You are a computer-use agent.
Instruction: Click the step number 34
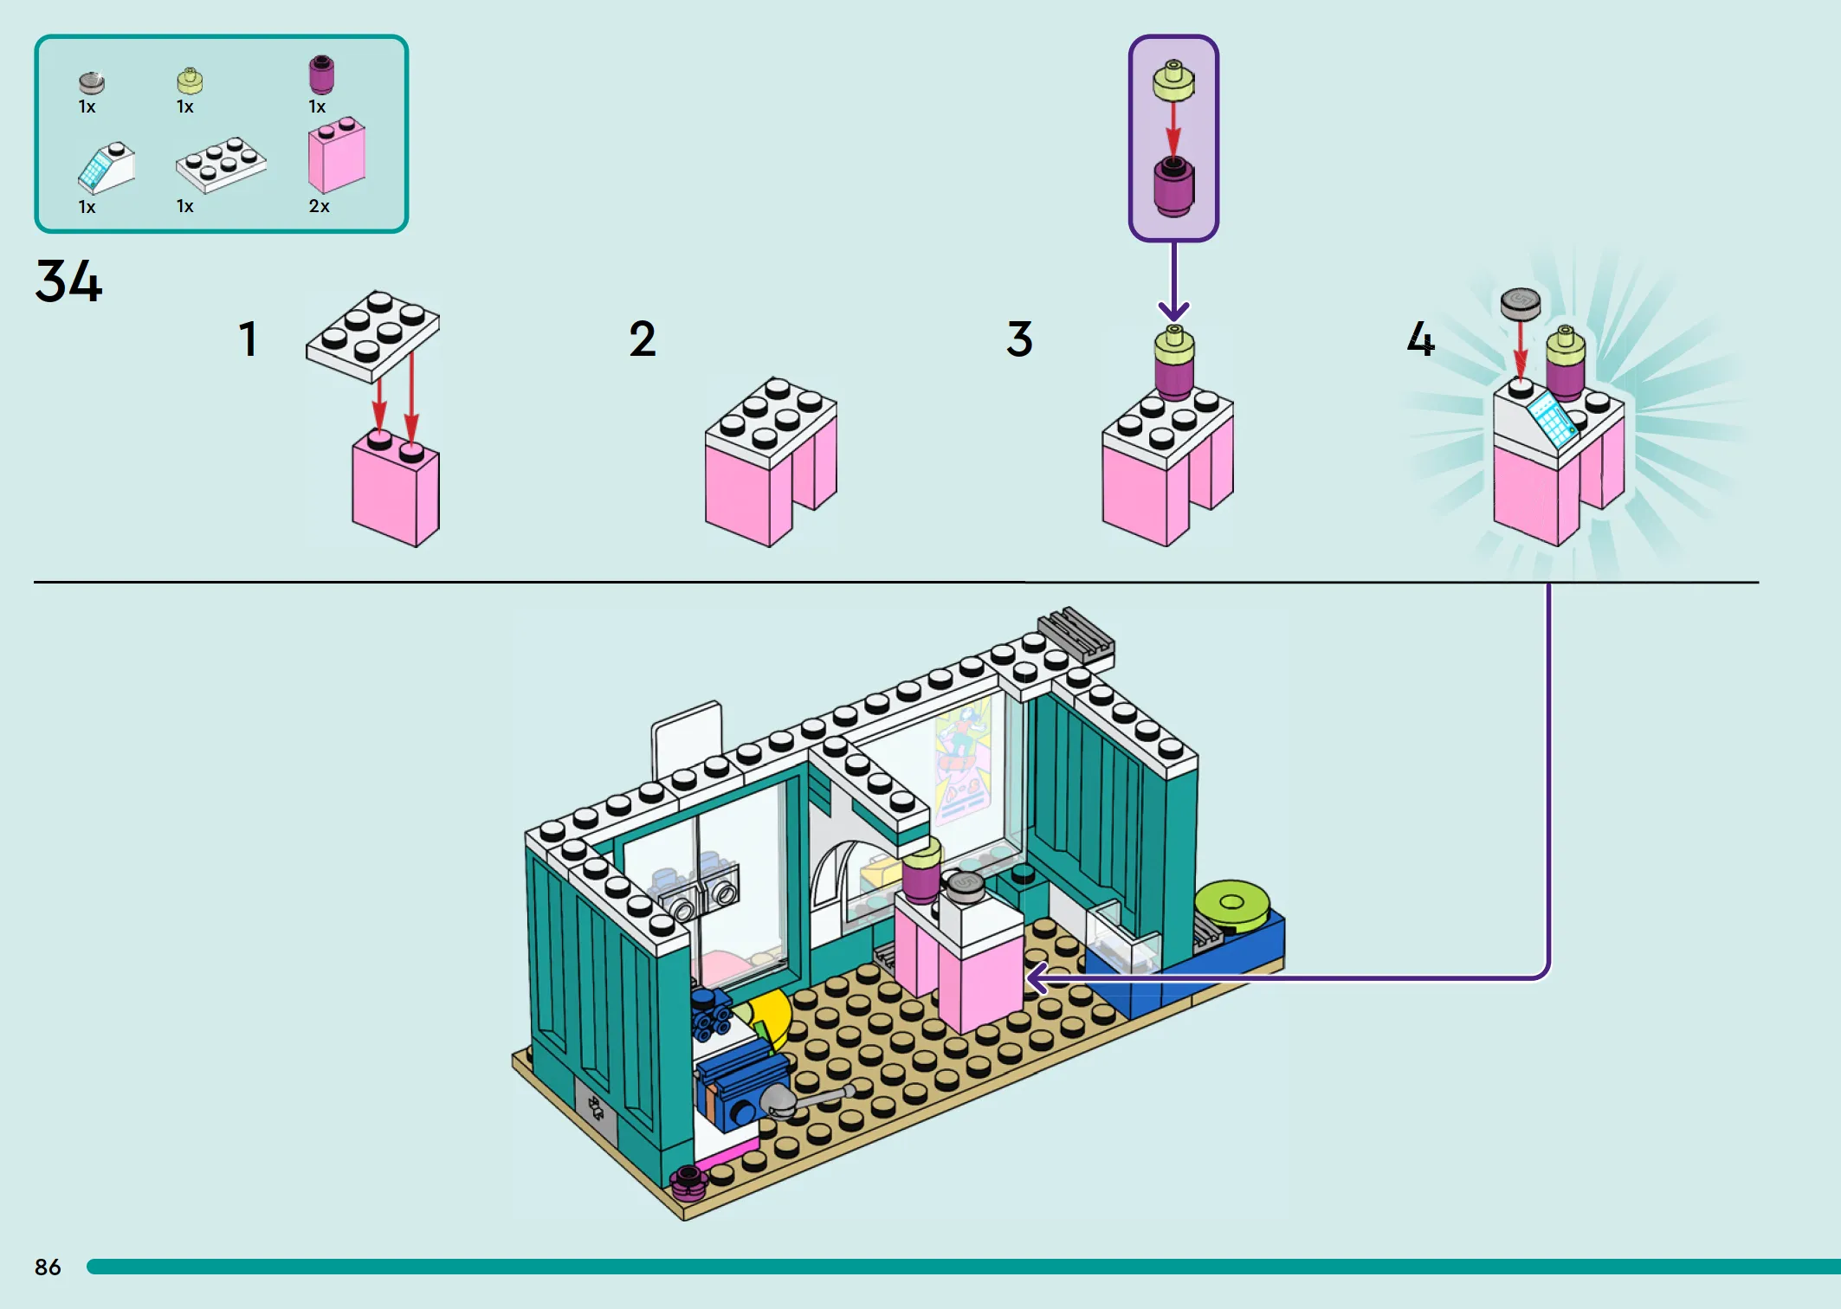[x=68, y=280]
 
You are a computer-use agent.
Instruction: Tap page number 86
[x=48, y=1267]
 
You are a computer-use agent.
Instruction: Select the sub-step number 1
[x=248, y=339]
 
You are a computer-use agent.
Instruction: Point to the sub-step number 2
[x=642, y=339]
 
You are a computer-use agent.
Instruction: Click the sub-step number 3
[x=1019, y=339]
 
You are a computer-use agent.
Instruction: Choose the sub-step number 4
[x=1420, y=339]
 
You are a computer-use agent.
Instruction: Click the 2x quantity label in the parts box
[x=319, y=206]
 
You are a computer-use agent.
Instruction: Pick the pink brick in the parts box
[x=337, y=156]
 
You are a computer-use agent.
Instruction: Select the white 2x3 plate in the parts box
[x=221, y=164]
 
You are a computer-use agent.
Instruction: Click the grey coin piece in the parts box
[x=92, y=82]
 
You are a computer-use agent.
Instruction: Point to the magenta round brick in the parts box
[x=321, y=74]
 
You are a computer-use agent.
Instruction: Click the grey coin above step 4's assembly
[x=1521, y=303]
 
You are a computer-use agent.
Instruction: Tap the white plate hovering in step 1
[x=372, y=336]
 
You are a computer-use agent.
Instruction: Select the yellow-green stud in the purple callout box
[x=1173, y=81]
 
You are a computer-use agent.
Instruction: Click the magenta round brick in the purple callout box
[x=1173, y=186]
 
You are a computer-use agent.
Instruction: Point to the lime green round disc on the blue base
[x=1232, y=906]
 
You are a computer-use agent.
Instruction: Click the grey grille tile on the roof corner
[x=1076, y=635]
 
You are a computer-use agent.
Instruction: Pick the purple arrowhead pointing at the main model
[x=1037, y=978]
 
